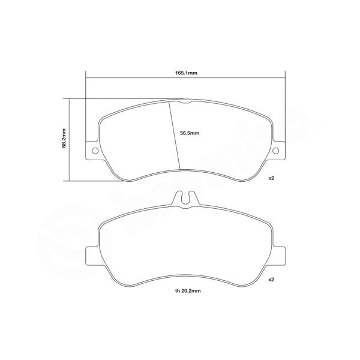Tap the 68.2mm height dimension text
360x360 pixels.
[x=64, y=139]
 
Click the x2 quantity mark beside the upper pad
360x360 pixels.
[x=271, y=179]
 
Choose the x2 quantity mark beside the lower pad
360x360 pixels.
[x=271, y=280]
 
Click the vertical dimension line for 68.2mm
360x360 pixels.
[x=71, y=139]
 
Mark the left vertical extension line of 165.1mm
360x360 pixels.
[x=86, y=108]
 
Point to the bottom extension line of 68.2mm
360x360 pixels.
[x=96, y=179]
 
